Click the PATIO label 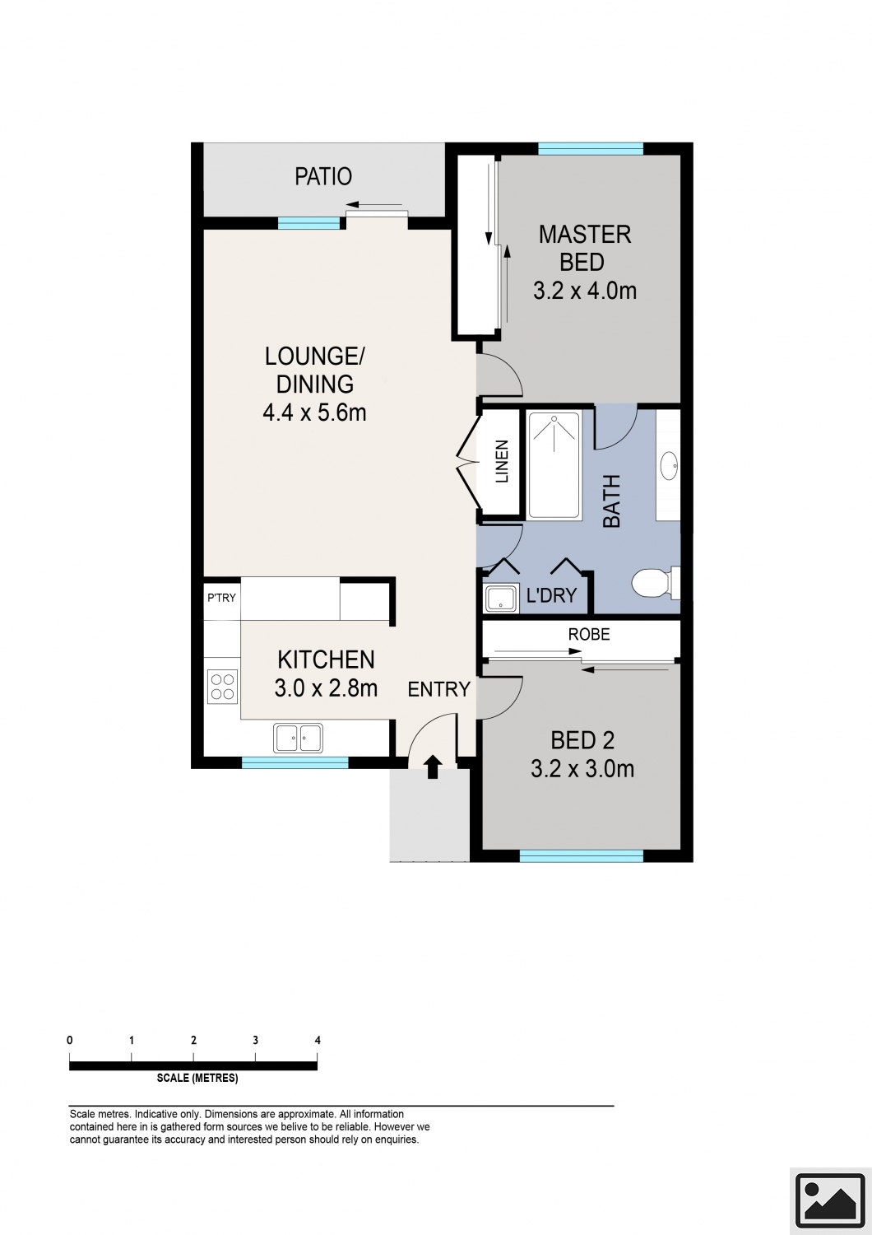(322, 176)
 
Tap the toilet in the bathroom (656, 583)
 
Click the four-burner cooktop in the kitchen (223, 686)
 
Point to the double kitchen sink (298, 738)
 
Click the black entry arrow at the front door (433, 767)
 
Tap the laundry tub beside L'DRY (501, 599)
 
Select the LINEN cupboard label (502, 461)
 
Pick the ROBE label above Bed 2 (589, 634)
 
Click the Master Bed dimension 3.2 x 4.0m (584, 290)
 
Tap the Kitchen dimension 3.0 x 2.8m (326, 687)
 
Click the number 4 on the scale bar (318, 1041)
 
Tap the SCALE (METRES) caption (197, 1078)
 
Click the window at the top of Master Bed (591, 148)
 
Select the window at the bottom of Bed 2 (581, 855)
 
